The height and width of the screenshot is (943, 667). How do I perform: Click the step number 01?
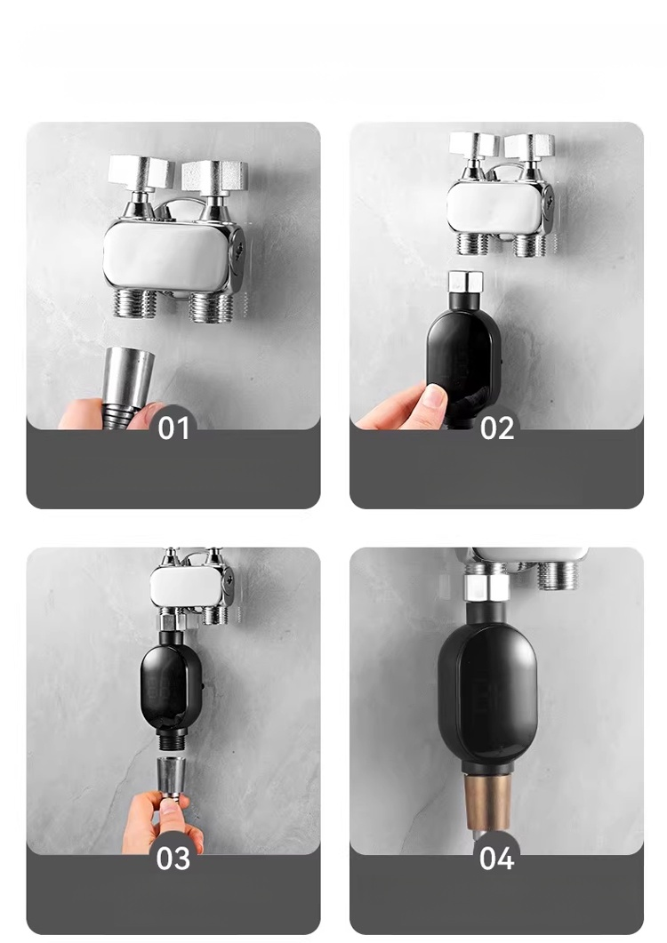point(173,428)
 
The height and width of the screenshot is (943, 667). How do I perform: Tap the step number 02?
point(496,428)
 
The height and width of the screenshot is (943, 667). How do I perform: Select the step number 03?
point(173,859)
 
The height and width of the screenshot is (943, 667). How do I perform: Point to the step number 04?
point(496,858)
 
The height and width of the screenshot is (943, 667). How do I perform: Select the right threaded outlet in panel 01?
point(211,306)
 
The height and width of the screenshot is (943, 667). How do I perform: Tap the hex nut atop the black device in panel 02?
point(466,280)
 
